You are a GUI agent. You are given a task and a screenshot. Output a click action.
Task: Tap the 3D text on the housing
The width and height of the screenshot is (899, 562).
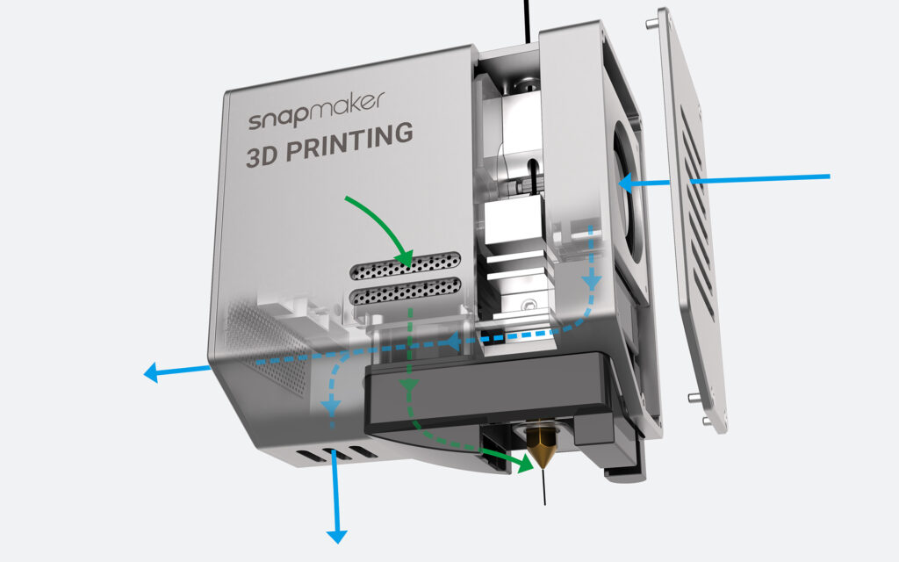click(263, 155)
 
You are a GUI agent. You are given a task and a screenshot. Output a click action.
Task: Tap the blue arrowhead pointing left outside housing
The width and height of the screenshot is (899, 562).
click(151, 372)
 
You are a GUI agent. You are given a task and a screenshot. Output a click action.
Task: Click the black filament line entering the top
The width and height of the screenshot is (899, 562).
click(527, 21)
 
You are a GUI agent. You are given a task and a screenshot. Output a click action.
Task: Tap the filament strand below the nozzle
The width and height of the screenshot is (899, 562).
click(543, 486)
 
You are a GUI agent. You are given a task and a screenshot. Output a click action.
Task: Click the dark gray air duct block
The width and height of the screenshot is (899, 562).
click(488, 396)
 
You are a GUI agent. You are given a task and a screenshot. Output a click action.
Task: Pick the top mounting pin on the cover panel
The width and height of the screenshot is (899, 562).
click(649, 24)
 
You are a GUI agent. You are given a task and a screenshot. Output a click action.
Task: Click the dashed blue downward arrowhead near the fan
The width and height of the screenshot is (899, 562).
click(592, 281)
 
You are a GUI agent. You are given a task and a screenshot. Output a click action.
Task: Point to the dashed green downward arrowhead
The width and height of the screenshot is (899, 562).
click(408, 385)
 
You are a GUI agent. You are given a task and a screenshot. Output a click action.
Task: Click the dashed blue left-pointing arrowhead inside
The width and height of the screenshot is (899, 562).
click(453, 342)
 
